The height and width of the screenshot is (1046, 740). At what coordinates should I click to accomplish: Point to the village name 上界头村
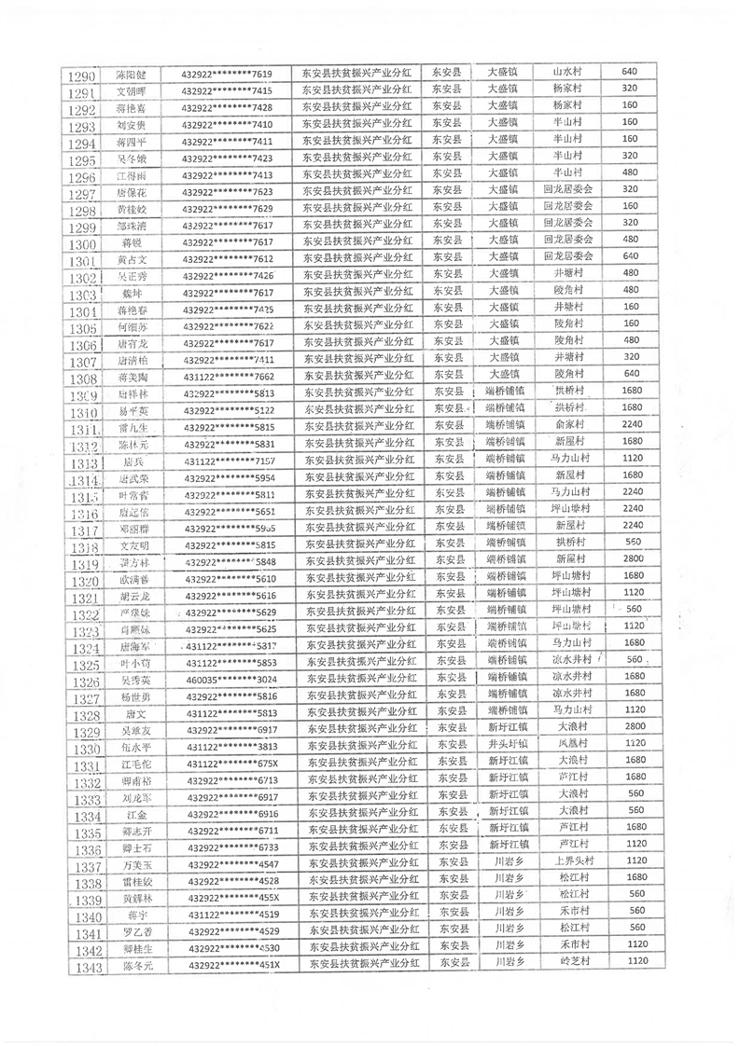click(x=570, y=860)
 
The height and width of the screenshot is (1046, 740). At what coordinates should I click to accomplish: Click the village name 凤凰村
click(x=570, y=744)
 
